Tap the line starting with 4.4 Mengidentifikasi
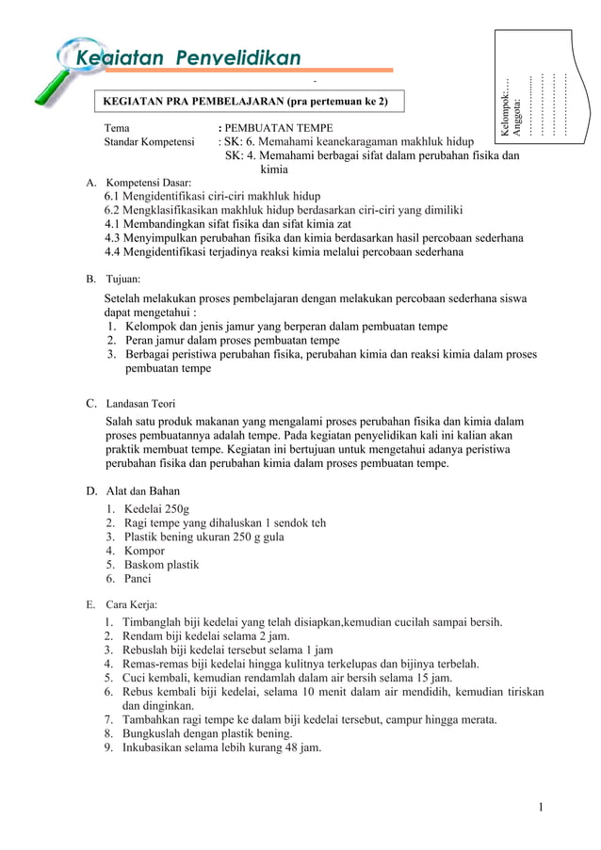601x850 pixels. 284,252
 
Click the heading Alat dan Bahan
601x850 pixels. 142,490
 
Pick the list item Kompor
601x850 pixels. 145,551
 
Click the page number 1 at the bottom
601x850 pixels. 542,807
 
